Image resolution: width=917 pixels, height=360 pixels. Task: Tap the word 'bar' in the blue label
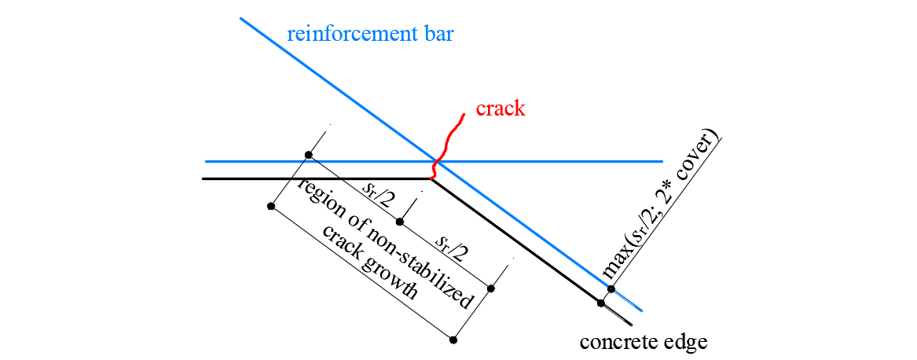pos(436,35)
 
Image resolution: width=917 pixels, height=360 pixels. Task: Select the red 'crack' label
pos(500,108)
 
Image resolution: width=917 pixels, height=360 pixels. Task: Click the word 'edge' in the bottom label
pos(684,343)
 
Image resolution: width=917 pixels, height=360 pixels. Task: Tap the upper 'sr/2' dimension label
pos(377,194)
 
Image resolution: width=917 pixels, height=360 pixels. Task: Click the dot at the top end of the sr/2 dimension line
pos(309,155)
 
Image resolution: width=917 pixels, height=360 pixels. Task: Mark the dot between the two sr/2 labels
pos(400,222)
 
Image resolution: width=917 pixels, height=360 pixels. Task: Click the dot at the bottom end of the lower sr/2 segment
pos(491,288)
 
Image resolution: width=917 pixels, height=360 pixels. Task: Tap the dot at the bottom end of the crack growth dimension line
pos(453,340)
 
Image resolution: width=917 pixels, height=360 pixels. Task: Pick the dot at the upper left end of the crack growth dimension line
pos(271,206)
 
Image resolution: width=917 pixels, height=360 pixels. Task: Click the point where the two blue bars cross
pos(437,161)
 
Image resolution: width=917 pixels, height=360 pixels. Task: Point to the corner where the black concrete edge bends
pos(431,178)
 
